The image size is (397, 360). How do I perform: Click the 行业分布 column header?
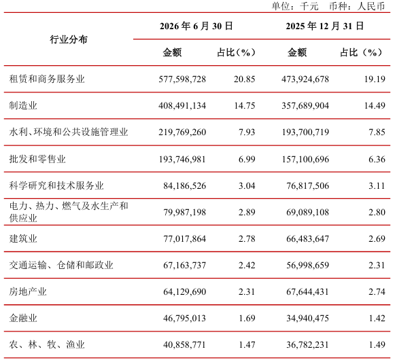69,39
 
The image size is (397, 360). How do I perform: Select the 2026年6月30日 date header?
196,26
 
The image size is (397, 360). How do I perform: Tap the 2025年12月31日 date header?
325,26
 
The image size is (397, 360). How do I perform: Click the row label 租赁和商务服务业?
47,79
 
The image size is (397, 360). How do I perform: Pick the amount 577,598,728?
182,79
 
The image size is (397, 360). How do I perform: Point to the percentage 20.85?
244,79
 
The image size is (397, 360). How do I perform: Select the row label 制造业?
23,105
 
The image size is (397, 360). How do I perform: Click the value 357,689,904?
305,105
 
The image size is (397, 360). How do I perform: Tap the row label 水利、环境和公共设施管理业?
69,132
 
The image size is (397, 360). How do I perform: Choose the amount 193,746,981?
182,159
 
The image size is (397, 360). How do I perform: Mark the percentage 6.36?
377,159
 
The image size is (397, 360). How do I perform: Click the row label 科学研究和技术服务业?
56,185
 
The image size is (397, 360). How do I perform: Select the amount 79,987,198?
185,212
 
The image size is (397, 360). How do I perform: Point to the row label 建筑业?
23,238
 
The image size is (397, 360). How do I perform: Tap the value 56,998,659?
308,265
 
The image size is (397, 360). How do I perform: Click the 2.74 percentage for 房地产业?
377,291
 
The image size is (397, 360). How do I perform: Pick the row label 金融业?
23,318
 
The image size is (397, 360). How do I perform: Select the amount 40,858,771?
185,344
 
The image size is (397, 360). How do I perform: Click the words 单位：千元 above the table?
295,6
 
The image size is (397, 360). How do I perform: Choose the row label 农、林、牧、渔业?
47,344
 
